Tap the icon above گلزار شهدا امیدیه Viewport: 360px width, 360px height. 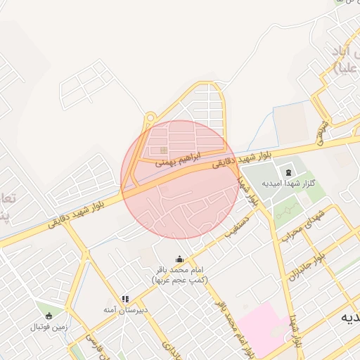click(x=288, y=172)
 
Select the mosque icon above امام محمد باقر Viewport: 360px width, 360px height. click(x=179, y=259)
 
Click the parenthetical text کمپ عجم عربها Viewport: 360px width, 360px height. click(x=179, y=280)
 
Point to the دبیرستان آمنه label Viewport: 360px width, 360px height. click(x=125, y=310)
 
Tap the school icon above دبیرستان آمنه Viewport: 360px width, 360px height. click(x=125, y=299)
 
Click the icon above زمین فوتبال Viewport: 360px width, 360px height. click(x=48, y=316)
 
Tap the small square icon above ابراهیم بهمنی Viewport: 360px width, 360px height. click(x=164, y=149)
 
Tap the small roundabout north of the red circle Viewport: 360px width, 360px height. click(x=150, y=120)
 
